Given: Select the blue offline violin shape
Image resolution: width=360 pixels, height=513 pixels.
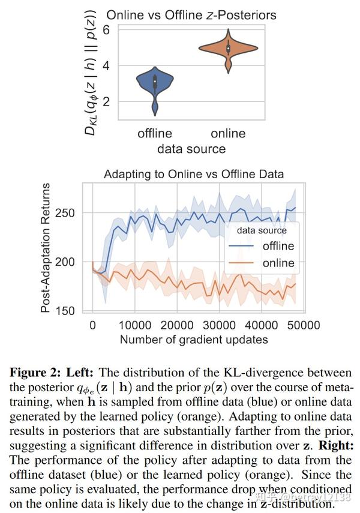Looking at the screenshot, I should (155, 84).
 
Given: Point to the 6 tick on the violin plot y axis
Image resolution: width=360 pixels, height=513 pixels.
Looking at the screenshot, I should (106, 29).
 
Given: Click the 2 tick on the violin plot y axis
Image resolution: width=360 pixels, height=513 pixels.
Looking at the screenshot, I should (106, 101).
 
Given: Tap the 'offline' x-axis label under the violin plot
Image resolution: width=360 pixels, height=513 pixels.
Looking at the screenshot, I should (155, 133).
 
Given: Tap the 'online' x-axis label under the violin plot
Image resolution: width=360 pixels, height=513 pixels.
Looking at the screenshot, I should (228, 133).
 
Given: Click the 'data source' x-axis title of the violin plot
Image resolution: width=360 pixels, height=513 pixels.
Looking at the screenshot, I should (191, 148).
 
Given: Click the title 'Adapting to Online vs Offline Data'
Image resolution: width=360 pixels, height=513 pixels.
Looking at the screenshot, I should (194, 175).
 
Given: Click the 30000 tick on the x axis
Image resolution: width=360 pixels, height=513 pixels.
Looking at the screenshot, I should (218, 325).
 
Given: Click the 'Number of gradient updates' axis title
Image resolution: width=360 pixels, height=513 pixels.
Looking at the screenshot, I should (194, 340).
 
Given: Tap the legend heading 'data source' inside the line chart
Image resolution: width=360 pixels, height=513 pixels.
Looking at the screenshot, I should (262, 230).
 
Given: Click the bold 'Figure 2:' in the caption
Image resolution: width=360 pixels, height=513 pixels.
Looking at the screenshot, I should (34, 373).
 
